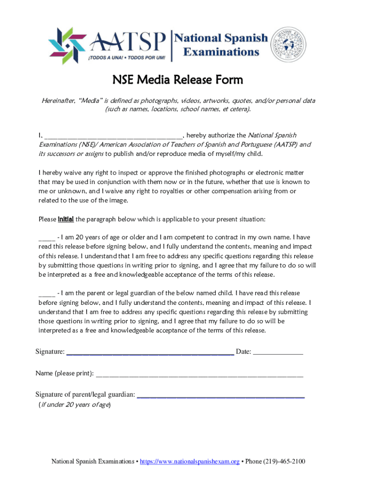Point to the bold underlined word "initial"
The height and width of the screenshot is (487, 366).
[x=65, y=219]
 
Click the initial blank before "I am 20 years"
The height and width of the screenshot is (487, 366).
[x=47, y=237]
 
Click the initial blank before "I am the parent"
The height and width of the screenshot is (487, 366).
[x=47, y=293]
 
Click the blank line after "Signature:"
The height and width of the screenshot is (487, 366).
[x=150, y=352]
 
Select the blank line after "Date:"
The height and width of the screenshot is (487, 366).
[x=278, y=352]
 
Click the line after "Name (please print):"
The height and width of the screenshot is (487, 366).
[x=199, y=374]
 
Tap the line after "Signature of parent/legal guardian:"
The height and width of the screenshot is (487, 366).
[x=221, y=395]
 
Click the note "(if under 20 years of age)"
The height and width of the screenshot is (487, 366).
[x=75, y=405]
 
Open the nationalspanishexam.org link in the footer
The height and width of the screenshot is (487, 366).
[x=190, y=461]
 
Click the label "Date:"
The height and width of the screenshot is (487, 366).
[x=243, y=352]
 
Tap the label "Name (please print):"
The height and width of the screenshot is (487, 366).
[x=64, y=373]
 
